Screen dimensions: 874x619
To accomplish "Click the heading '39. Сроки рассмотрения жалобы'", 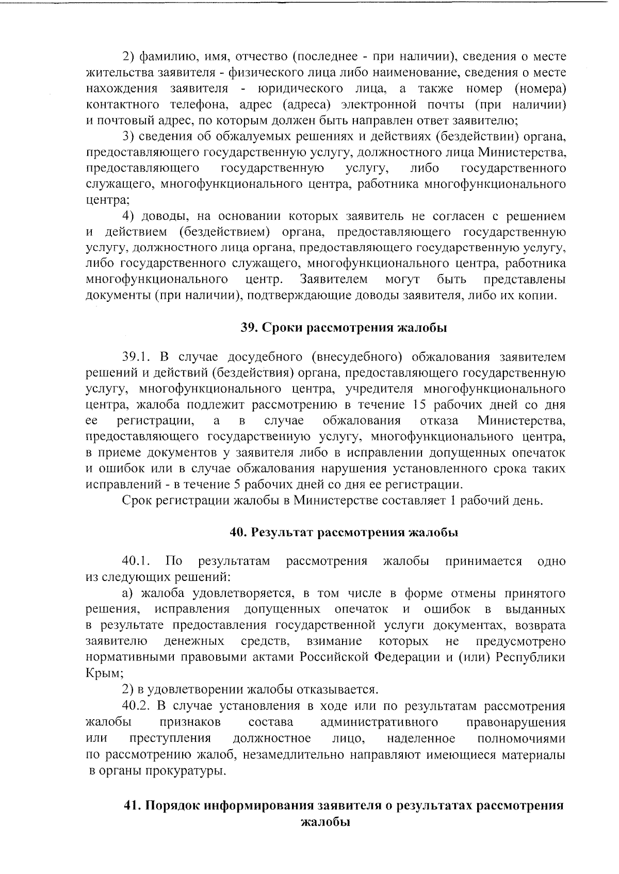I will pos(344,328).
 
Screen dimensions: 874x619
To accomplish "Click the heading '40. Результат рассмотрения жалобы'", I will pos(344,532).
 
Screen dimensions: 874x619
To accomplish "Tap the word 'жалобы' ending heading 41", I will pos(325,821).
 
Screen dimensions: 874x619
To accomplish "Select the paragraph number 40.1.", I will pos(136,561).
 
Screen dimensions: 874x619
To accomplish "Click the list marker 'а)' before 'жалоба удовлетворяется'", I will pos(128,593).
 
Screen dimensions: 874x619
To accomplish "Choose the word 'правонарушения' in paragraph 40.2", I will pos(515,722).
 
